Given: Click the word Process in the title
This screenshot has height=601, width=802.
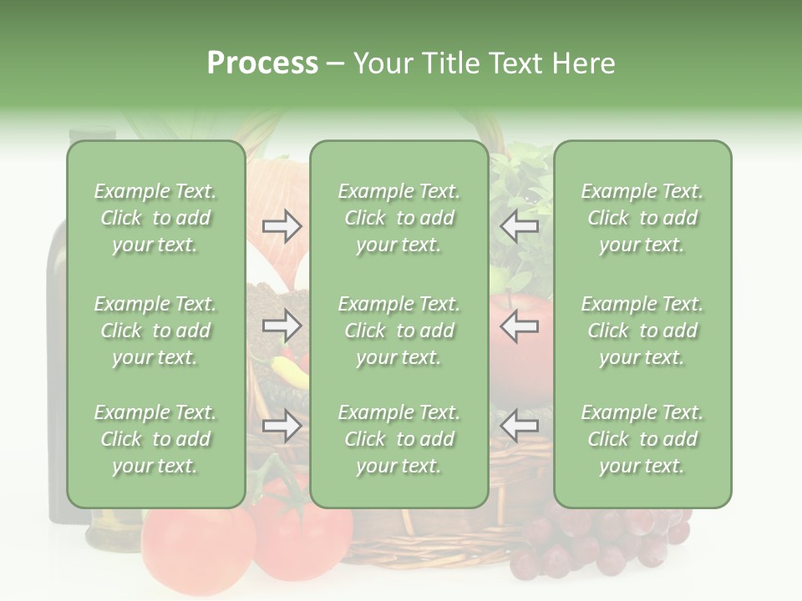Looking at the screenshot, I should [x=262, y=63].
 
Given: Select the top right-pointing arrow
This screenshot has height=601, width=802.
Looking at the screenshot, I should [x=282, y=226].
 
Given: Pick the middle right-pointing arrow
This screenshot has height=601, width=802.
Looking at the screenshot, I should [x=282, y=326].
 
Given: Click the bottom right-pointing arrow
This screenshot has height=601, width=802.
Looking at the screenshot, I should [x=282, y=427].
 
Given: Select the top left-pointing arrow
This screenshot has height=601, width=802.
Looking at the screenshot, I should [x=519, y=226].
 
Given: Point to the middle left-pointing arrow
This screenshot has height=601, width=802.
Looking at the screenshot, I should [x=519, y=326].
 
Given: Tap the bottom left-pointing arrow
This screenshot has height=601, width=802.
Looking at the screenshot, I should [x=519, y=427].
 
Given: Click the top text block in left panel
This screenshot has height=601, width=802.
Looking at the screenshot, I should [x=155, y=218].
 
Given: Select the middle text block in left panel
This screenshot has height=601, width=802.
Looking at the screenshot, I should [x=155, y=331].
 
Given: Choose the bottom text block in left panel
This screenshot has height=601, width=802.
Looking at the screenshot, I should [x=155, y=439].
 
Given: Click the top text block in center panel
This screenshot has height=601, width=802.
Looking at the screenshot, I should [x=398, y=218].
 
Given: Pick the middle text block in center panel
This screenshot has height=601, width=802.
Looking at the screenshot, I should [x=398, y=331].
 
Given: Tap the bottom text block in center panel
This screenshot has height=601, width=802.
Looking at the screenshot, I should [x=398, y=439].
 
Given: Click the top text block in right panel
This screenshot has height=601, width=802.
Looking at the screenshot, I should [x=642, y=218].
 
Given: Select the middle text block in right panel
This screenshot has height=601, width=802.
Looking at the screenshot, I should [x=642, y=331].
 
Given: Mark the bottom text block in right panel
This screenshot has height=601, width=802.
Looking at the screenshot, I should [x=642, y=439].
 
